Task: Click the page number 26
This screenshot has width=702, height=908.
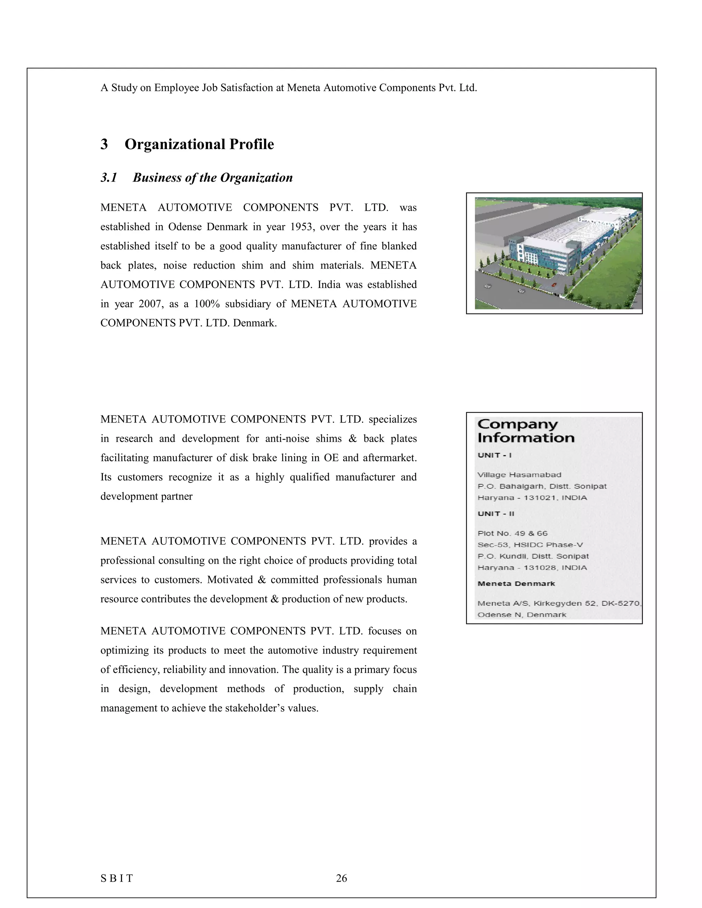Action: (341, 878)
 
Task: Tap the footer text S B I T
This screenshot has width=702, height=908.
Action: (117, 878)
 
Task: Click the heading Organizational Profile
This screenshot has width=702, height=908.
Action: (199, 144)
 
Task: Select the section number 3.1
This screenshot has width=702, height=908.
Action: (109, 177)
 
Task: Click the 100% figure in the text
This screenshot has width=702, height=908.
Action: (207, 304)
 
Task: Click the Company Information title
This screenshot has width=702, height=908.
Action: (526, 431)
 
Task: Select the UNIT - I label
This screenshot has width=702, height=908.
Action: (495, 455)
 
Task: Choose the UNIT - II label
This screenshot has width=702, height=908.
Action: (496, 514)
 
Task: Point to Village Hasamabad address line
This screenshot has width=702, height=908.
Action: (519, 475)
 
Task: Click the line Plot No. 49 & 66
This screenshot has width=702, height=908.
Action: (512, 533)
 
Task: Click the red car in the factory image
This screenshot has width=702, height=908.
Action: (554, 284)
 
